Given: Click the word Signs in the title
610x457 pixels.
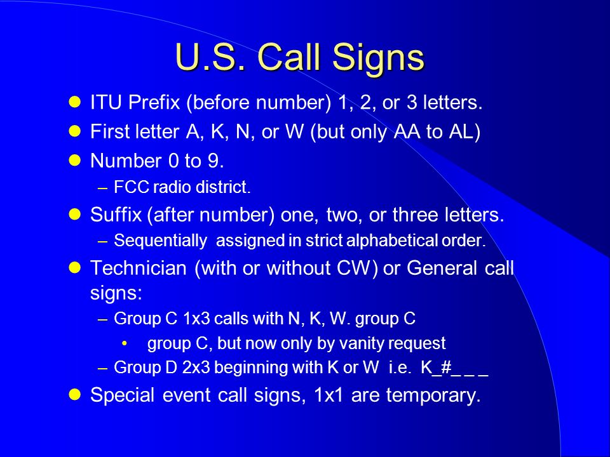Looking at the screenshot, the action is coord(377,58).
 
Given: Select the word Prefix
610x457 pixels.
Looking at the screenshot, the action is coord(154,103).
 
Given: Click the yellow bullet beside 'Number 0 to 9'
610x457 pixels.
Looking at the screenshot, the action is coord(74,161).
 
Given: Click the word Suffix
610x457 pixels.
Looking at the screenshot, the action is coord(116,215).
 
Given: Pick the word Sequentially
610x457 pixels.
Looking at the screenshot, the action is coord(160,241).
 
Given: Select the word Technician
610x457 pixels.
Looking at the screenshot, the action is coord(139,268).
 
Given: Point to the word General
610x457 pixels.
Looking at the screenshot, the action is coord(442,268).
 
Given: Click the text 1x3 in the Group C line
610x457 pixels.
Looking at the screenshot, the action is coord(196,319).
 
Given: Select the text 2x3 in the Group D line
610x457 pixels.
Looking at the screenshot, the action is coord(196,368).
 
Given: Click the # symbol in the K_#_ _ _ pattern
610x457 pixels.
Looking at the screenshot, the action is coord(446,368).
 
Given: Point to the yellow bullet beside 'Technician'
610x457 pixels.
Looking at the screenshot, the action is coord(74,268).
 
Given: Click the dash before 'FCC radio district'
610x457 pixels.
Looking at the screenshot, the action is coord(103,189).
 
